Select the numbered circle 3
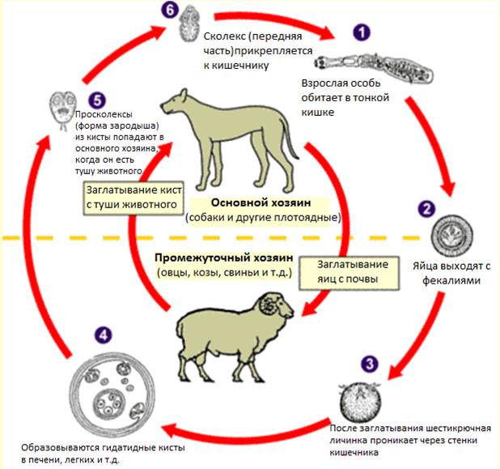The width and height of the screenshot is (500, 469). tap(370, 362)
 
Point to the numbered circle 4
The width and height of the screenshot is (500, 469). tap(101, 333)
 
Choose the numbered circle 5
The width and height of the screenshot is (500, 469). tap(97, 100)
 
